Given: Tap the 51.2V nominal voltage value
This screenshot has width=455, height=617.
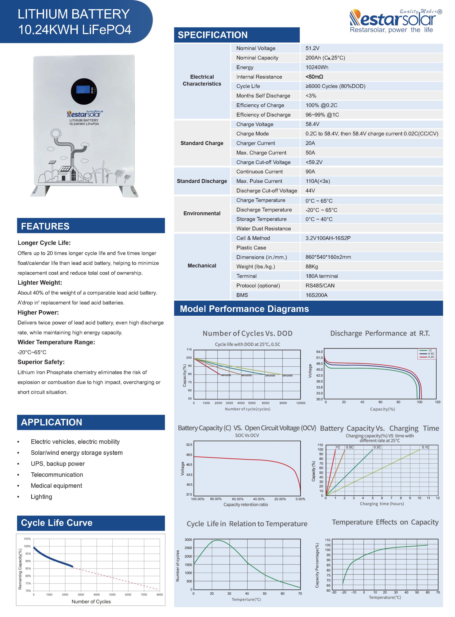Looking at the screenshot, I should (x=312, y=48).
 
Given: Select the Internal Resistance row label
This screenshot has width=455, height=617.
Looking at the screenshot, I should (x=259, y=77).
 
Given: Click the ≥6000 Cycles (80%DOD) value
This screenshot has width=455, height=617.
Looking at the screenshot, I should (x=335, y=86).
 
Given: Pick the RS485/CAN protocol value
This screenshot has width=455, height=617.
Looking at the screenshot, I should (x=320, y=286).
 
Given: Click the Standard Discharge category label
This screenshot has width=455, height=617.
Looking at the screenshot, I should (x=202, y=181).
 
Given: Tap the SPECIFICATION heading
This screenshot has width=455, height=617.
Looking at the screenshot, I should (x=213, y=35).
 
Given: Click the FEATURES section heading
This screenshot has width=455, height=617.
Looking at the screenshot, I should (x=45, y=226).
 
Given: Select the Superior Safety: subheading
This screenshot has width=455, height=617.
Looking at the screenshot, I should (x=41, y=362).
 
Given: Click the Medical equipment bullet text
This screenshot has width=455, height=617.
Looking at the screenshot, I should (x=56, y=485).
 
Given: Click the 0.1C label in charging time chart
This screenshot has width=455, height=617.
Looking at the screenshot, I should (x=425, y=447).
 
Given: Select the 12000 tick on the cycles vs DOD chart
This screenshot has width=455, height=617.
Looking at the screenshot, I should (x=301, y=403).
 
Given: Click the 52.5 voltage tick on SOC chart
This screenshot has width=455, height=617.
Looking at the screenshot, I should (x=189, y=444).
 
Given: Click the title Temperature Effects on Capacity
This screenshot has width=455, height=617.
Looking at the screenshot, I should (x=385, y=522).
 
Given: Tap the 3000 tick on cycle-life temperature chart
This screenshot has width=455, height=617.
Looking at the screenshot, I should (x=188, y=540).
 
